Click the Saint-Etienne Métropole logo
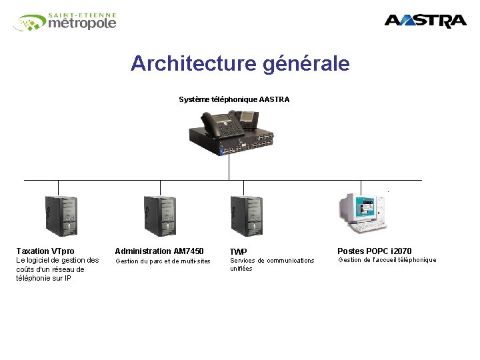tap(65, 22)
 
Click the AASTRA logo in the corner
tap(425, 21)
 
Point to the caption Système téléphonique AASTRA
tap(234, 99)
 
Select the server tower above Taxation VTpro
tap(61, 215)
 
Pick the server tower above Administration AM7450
tap(160, 215)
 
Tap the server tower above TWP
tap(246, 215)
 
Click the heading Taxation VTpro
tap(45, 251)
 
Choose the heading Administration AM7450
tap(159, 251)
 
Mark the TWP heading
tap(238, 252)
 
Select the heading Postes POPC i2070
tap(375, 251)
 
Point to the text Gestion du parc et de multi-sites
tap(163, 261)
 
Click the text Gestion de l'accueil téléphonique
tap(387, 260)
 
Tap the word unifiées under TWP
tap(241, 269)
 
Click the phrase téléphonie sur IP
tap(43, 279)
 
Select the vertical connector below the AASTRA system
tap(229, 167)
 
